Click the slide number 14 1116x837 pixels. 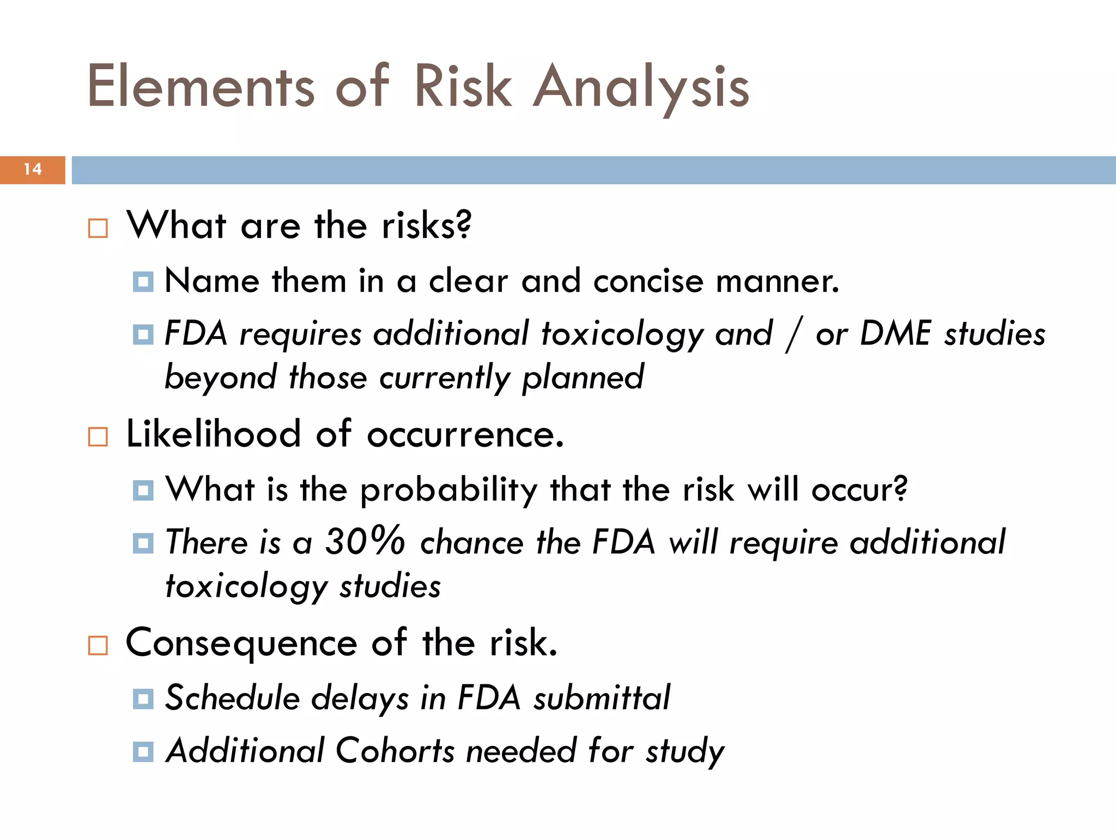(x=33, y=169)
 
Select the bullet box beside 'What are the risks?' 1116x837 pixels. (x=98, y=228)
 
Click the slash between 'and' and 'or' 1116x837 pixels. (x=793, y=335)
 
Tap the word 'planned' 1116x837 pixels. (x=583, y=377)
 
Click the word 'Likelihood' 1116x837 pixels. (x=213, y=434)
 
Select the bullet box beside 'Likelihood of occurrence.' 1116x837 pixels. (x=98, y=437)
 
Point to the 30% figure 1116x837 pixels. (x=365, y=542)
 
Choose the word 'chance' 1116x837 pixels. (x=471, y=543)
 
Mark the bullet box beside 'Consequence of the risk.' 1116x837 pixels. (x=98, y=646)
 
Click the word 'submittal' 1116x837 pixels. (x=602, y=697)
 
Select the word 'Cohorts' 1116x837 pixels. (x=395, y=751)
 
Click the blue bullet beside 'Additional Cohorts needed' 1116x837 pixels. (x=143, y=752)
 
